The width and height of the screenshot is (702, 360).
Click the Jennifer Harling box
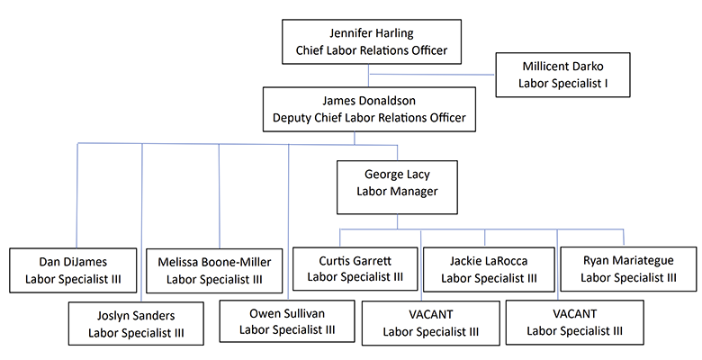coord(373,42)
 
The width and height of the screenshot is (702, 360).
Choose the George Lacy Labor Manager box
coord(397,183)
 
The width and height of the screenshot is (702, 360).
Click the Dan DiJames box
coord(73,269)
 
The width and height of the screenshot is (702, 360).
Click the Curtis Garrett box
coord(355,268)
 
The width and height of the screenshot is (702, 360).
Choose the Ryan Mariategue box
coord(628,268)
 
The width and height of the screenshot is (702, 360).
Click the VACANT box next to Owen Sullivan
coord(429,323)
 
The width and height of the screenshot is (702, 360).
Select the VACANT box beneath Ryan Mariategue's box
coord(574,323)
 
